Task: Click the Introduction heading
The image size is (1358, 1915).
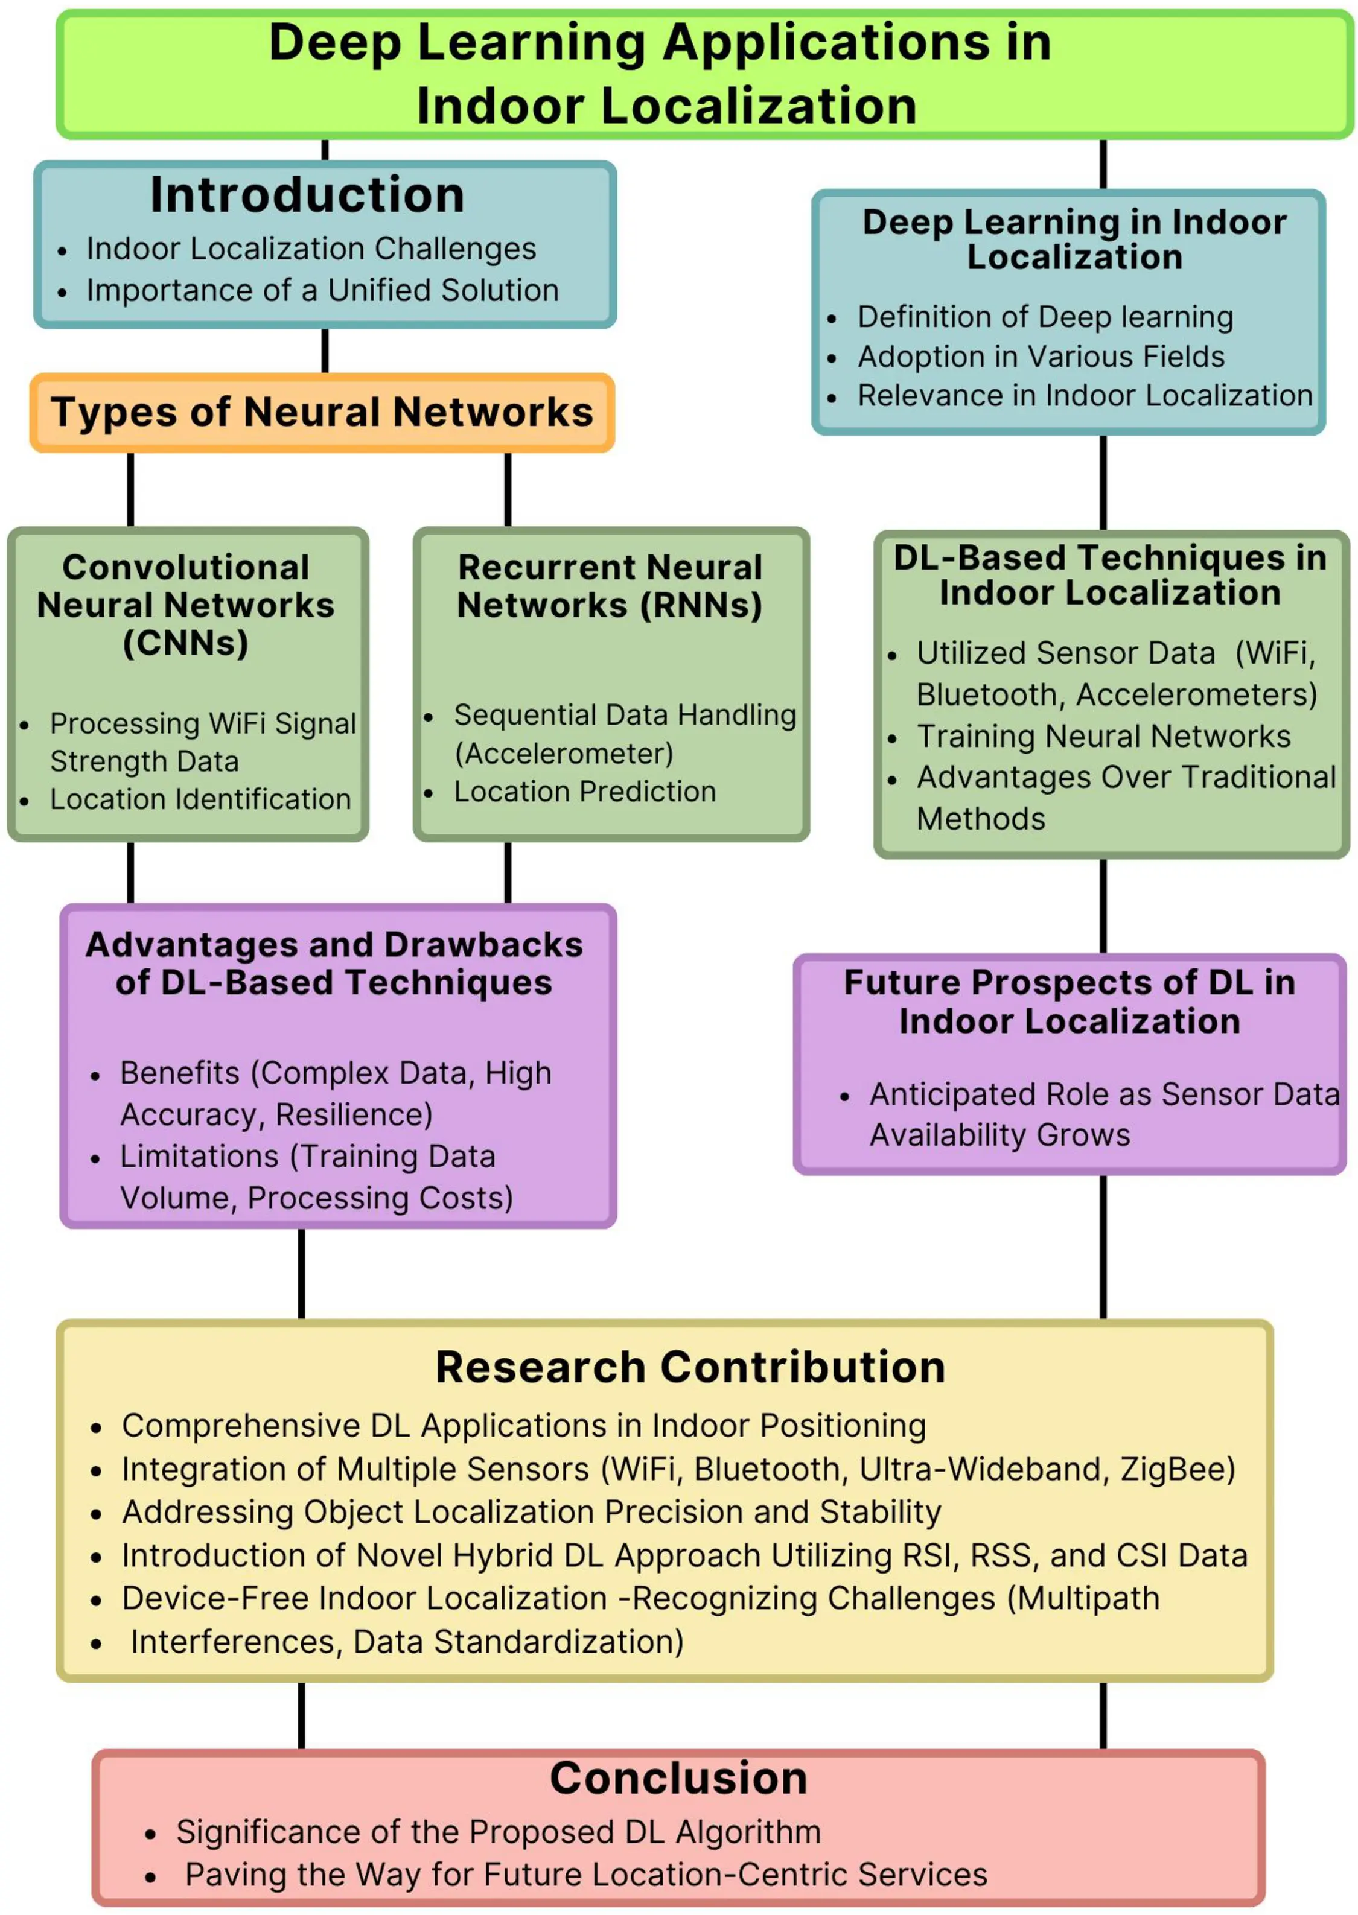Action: [307, 195]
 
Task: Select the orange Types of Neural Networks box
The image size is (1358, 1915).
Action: [322, 412]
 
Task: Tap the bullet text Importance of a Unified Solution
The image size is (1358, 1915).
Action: [322, 290]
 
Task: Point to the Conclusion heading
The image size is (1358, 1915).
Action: [678, 1778]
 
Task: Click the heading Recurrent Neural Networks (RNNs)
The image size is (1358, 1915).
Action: [610, 586]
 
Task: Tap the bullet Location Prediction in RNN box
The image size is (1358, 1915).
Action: [584, 792]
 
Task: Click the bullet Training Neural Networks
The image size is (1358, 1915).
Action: [1103, 737]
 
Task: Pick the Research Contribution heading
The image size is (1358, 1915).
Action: [690, 1368]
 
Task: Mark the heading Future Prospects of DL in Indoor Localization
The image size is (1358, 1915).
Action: [1070, 1002]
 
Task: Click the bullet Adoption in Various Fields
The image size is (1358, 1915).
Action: [1041, 357]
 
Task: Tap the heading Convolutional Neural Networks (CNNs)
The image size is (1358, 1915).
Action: [186, 605]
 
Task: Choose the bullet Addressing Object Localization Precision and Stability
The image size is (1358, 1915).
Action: [531, 1511]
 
